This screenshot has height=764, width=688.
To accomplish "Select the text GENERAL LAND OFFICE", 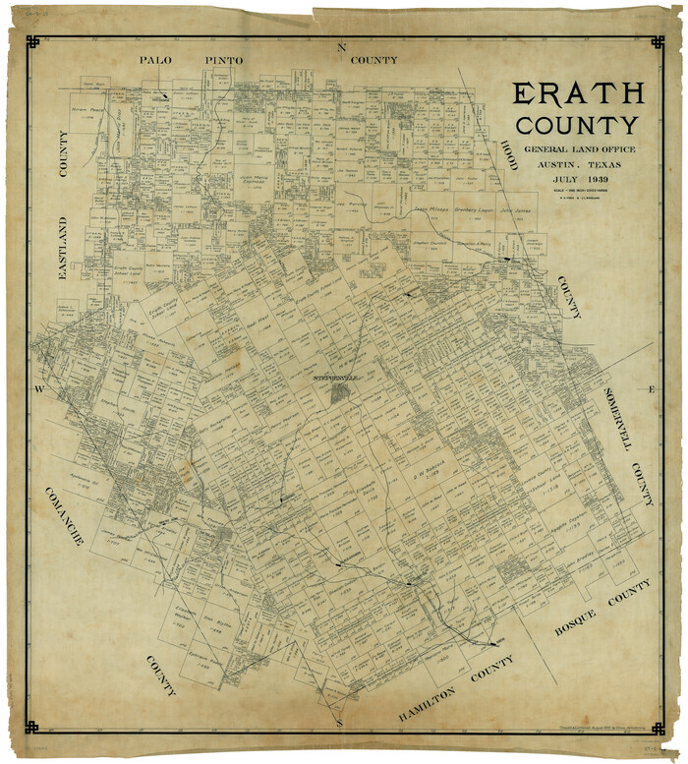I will click(x=579, y=148).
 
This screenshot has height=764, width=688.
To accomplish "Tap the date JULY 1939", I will click(x=579, y=181).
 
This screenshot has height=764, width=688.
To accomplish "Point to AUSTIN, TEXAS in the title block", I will click(x=579, y=164).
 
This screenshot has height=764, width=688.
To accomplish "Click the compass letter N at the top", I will click(x=342, y=47).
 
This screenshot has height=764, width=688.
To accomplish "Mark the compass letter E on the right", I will click(x=651, y=390).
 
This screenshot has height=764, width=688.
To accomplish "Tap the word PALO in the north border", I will click(x=155, y=60).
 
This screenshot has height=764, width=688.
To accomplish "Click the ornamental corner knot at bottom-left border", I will click(x=31, y=727).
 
